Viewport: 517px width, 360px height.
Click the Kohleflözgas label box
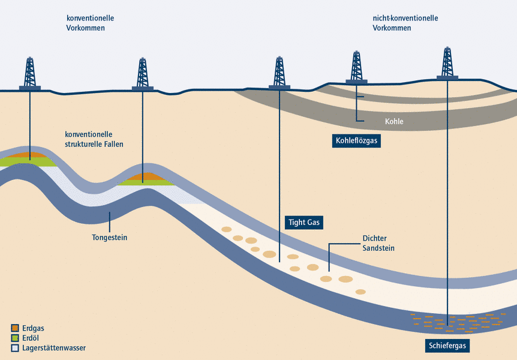coord(356,142)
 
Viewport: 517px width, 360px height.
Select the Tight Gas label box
coord(303,223)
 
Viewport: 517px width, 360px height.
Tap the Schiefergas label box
coord(447,346)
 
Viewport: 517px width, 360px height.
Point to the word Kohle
coord(394,122)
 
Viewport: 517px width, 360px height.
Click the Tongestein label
coord(110,238)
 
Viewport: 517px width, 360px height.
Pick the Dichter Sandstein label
coord(378,243)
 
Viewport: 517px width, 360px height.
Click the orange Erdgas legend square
coord(15,328)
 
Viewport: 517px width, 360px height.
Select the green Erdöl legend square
coord(15,338)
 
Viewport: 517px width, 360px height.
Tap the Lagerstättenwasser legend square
coord(15,348)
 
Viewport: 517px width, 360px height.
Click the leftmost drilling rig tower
coord(30,73)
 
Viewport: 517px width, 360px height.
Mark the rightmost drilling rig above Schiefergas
coord(447,63)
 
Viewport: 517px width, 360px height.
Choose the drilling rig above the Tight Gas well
coord(279,73)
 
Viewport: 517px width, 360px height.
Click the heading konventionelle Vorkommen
coord(90,23)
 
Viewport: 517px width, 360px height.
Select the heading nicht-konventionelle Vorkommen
coord(405,23)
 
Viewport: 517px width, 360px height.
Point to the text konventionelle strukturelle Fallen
coord(94,139)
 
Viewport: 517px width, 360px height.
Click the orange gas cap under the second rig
coord(143,176)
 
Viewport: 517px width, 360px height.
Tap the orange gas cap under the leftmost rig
coord(29,155)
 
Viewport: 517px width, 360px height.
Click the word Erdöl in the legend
coord(31,338)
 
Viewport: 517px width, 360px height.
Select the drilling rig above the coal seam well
coord(356,67)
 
